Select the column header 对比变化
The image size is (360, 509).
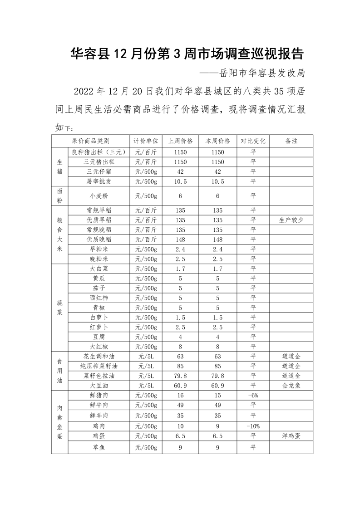coord(253,141)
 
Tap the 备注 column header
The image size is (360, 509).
coord(291,141)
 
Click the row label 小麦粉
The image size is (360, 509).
coord(99,196)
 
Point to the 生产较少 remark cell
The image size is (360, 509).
coord(291,220)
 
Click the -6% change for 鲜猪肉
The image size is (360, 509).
coord(253,395)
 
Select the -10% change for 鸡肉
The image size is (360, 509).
coord(253,426)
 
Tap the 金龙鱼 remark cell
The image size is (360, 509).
coord(291,385)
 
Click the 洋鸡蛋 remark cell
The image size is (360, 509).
coord(291,436)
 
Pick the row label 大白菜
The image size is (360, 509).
coord(99,269)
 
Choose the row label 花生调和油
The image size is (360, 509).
coord(99,356)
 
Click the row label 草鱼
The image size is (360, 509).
coord(99,448)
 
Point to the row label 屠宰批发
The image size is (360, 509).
coord(99,181)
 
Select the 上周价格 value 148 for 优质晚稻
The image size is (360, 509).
coord(181,239)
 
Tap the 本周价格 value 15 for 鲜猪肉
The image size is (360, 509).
coord(218,395)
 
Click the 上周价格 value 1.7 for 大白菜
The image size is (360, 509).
coord(181,269)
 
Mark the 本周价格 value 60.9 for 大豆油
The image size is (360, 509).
coord(218,385)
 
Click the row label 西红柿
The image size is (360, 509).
coord(99,298)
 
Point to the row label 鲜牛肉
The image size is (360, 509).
coord(99,405)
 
